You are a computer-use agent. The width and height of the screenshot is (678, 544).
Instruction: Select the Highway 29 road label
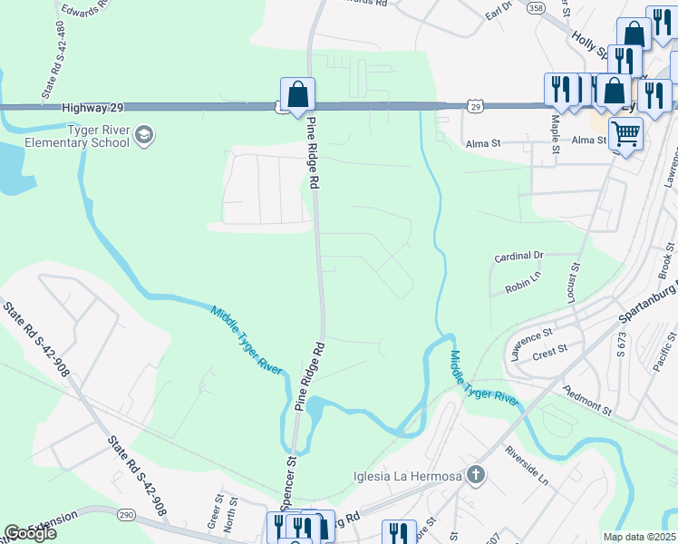[92, 108]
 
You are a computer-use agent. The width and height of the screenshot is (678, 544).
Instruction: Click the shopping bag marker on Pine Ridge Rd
[297, 94]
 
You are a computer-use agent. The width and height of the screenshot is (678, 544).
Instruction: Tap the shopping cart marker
[625, 134]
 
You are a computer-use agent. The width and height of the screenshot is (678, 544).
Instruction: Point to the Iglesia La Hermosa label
[408, 476]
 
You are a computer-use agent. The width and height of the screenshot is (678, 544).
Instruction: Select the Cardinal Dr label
[518, 257]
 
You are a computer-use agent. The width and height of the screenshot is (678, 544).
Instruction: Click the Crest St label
[550, 348]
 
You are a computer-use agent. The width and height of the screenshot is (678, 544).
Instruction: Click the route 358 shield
[536, 7]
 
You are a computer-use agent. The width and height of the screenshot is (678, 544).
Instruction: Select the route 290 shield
[127, 514]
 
